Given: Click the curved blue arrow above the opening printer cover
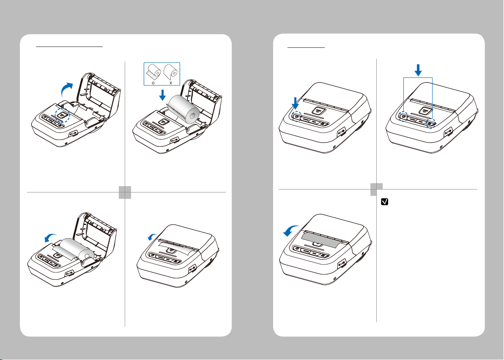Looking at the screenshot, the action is click(x=66, y=88).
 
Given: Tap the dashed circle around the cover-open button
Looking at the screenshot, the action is click(x=62, y=115).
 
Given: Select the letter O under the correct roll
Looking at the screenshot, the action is click(x=153, y=82).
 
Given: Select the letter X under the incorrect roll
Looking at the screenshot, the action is click(x=171, y=82).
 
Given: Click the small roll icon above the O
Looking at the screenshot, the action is click(x=153, y=72).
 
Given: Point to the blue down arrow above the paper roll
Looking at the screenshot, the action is click(x=163, y=95).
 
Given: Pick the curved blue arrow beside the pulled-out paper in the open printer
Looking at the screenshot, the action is click(x=51, y=238).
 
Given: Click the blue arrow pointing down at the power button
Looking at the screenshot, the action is click(x=296, y=103).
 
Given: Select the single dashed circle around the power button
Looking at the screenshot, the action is click(x=296, y=116).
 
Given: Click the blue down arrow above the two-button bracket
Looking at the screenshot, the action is click(x=418, y=70).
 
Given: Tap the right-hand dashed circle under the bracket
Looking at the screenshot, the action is click(x=431, y=123).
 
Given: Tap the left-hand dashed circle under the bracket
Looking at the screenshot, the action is click(x=404, y=116).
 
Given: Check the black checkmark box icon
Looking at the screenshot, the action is click(x=384, y=202).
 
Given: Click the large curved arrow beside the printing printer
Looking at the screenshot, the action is click(x=292, y=231).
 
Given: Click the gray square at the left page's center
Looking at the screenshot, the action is click(x=125, y=192).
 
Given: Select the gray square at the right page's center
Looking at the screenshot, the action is click(x=376, y=190).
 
